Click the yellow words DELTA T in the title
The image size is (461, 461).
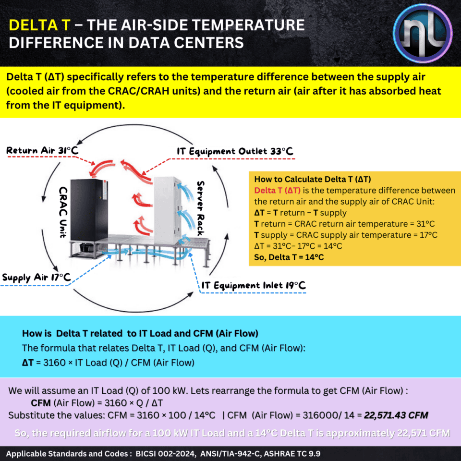[39, 25]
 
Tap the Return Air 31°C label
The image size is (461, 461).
[42, 151]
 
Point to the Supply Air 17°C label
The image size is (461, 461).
[36, 278]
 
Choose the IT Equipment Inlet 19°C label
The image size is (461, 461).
[253, 286]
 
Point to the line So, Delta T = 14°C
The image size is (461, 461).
[289, 257]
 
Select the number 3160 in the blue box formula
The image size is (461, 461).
[53, 363]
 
